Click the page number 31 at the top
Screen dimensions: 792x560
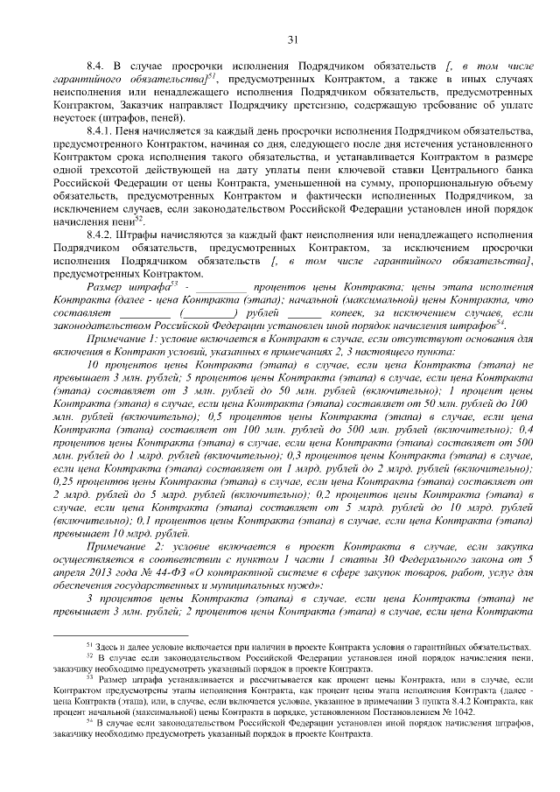[x=292, y=38]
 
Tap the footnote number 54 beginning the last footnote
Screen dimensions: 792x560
[x=87, y=721]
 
